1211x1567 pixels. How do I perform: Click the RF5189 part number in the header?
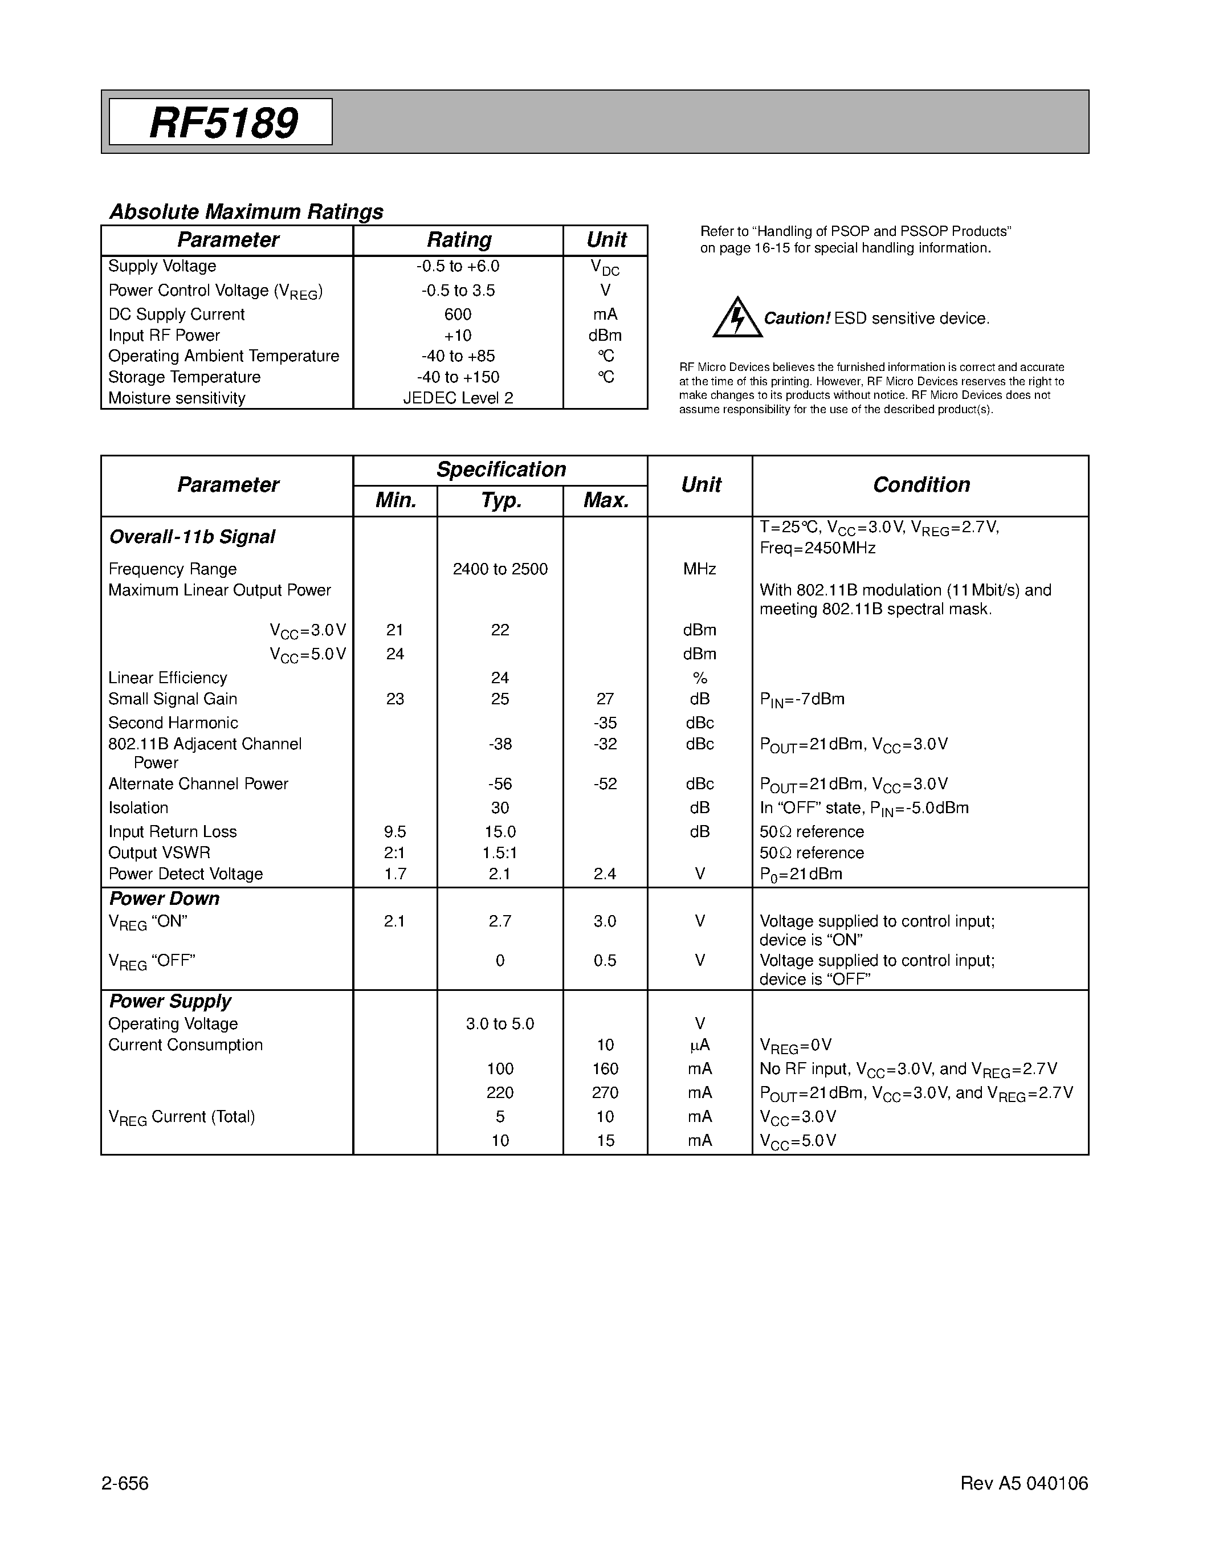223,123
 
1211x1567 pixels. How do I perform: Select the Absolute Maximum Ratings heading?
246,211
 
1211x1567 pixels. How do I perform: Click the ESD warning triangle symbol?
737,318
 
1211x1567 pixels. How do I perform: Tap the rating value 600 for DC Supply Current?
458,315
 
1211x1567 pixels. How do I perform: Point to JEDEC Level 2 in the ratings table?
458,398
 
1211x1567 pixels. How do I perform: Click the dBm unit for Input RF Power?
605,336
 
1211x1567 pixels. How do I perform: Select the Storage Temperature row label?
185,377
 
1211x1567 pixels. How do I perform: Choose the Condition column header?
920,485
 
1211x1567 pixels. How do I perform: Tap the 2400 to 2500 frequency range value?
500,569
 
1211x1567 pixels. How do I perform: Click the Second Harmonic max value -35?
605,723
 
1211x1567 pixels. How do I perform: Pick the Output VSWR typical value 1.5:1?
500,853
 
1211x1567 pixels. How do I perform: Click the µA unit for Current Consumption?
699,1046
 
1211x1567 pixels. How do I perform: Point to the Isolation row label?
138,808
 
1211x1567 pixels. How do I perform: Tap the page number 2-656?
125,1483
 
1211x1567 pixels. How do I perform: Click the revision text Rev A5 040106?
1024,1483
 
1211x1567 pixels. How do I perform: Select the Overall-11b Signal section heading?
191,537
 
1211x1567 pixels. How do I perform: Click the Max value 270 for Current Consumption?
605,1093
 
